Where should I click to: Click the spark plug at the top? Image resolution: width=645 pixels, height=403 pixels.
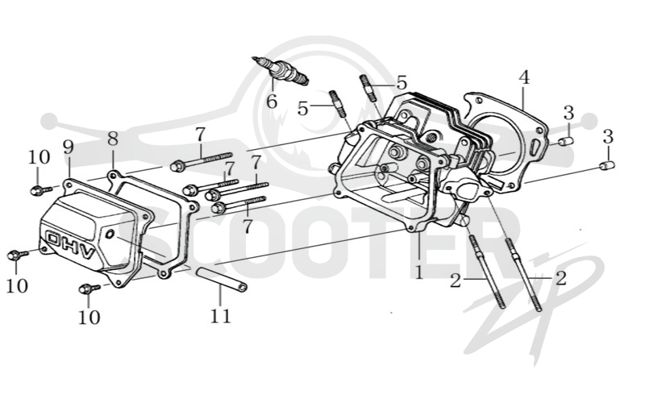pos(280,70)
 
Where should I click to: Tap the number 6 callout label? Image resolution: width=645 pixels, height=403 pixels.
pos(272,102)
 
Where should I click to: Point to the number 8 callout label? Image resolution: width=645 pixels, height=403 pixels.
pos(113,139)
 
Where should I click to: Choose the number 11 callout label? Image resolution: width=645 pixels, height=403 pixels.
pos(220,316)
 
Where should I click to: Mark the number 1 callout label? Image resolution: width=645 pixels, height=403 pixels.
pos(418,272)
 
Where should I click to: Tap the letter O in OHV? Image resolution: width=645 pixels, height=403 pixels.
pos(54,239)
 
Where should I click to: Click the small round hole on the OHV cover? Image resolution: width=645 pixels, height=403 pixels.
pos(110,235)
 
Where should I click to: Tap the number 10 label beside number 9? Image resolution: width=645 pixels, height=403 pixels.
pos(39,157)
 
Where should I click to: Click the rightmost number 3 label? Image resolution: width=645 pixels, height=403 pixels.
pos(608,136)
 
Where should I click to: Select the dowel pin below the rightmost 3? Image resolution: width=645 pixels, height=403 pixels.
pos(607,166)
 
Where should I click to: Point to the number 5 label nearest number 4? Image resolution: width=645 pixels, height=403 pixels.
pos(402,83)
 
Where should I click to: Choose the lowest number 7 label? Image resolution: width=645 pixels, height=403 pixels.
pos(247,226)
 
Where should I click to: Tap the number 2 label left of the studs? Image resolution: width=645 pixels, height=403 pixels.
pos(456,280)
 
